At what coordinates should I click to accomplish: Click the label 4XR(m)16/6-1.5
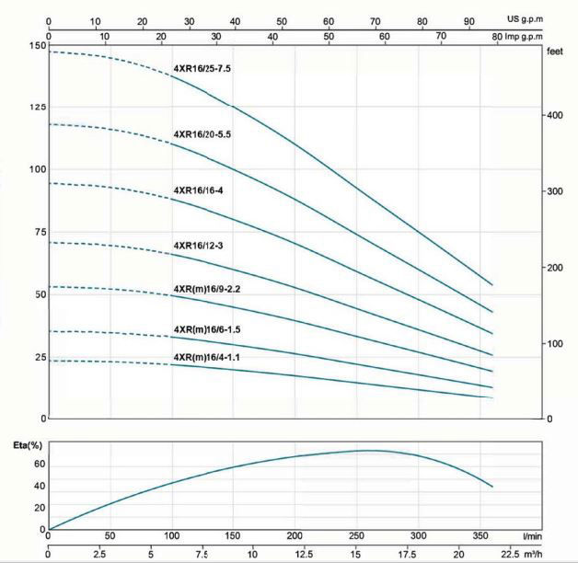coord(214,328)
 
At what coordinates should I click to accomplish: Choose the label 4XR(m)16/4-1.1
coord(214,356)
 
